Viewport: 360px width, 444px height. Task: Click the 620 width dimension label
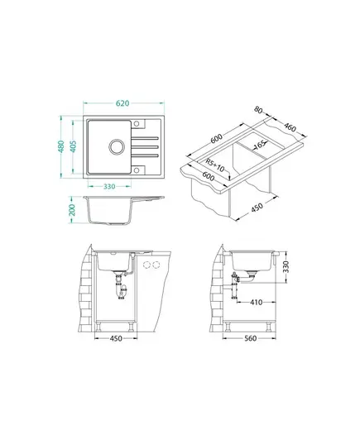point(122,103)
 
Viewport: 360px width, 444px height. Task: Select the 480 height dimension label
point(61,146)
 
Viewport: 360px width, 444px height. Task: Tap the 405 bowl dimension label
point(73,146)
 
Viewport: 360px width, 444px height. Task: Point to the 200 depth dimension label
point(72,210)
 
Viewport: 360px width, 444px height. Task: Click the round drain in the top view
point(117,146)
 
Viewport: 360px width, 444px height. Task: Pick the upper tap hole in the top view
point(137,124)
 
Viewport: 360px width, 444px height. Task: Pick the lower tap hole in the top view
point(137,170)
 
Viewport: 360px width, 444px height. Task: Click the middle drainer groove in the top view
point(145,146)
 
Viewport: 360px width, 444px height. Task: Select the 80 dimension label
point(258,110)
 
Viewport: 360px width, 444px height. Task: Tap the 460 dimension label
point(290,127)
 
